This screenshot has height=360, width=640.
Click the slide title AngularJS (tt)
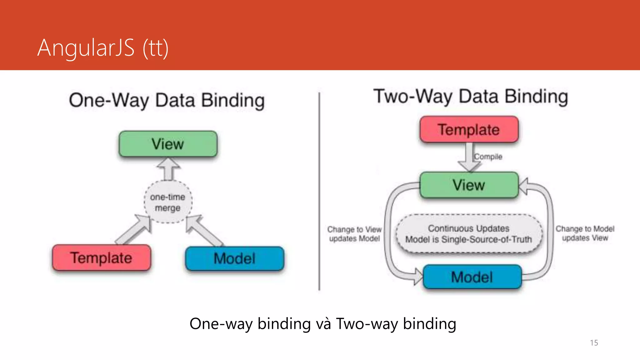click(x=103, y=48)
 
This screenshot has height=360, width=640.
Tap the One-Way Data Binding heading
click(x=167, y=101)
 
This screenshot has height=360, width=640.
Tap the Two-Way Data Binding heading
click(x=471, y=97)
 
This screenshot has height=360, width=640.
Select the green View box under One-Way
click(x=168, y=144)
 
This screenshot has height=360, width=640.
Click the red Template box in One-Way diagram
click(x=101, y=258)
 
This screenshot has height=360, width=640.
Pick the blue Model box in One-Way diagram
click(x=234, y=258)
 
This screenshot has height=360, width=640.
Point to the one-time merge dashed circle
click(x=168, y=202)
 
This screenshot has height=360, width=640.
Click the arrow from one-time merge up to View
click(x=168, y=169)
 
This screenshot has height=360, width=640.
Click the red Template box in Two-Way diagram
click(x=469, y=129)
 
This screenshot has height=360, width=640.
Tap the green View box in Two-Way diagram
click(x=469, y=185)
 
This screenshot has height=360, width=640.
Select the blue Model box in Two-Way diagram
click(x=472, y=277)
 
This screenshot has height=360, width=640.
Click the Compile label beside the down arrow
click(x=488, y=157)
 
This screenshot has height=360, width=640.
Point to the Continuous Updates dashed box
click(x=469, y=234)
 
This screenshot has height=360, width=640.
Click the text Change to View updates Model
click(x=354, y=234)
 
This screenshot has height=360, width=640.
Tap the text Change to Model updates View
click(x=585, y=233)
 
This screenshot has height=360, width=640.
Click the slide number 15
click(x=594, y=343)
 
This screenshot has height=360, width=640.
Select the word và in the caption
click(x=323, y=324)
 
